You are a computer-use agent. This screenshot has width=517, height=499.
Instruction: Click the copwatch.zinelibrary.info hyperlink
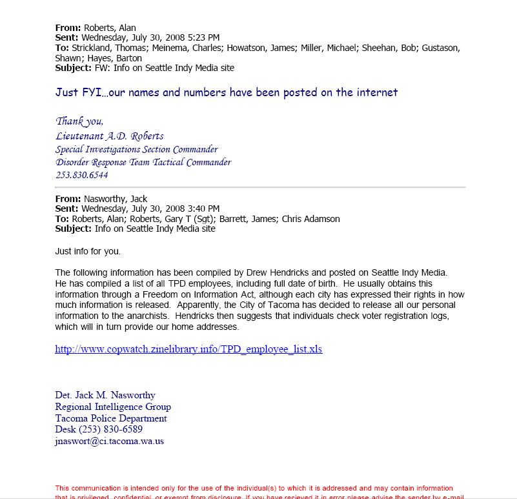point(188,349)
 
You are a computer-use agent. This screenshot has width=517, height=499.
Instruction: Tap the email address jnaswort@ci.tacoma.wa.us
point(109,442)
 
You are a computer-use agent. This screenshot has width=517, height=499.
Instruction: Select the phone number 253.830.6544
point(82,176)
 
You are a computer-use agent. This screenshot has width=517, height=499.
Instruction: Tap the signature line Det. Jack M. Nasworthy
point(105,395)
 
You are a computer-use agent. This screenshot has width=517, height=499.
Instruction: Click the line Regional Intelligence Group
point(113,407)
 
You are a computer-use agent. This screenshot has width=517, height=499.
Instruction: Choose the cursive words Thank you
point(79,121)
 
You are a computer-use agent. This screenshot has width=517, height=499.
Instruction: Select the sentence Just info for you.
point(88,250)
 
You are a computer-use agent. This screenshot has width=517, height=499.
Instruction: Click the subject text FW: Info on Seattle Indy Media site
point(165,68)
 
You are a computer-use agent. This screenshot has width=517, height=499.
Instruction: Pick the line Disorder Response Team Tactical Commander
point(143,163)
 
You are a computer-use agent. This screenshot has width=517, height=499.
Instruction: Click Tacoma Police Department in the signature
point(111,418)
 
